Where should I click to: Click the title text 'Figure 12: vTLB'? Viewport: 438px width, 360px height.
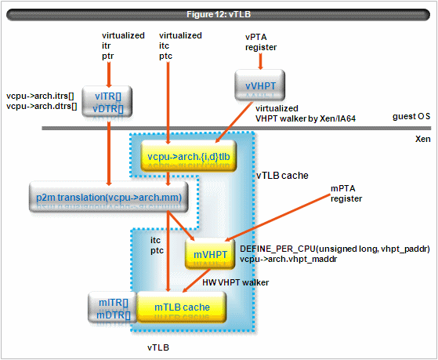219,14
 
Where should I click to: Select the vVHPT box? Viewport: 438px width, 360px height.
260,85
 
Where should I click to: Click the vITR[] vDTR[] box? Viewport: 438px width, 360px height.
107,101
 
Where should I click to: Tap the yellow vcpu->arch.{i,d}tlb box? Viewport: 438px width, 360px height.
189,156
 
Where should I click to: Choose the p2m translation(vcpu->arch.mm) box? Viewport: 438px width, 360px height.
109,197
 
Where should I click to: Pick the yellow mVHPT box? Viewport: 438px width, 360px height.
210,254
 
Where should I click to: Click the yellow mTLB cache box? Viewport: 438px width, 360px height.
182,307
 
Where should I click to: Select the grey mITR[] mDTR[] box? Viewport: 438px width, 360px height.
113,307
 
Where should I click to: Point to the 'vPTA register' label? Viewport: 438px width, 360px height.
261,42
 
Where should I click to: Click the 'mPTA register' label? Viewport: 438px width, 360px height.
346,194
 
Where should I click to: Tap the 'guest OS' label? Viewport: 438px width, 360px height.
411,116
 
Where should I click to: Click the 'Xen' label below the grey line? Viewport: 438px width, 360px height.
422,139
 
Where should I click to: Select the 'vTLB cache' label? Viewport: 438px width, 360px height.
282,176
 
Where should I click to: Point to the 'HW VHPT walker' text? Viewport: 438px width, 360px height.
236,282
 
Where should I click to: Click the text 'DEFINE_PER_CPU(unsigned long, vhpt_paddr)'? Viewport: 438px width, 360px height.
335,249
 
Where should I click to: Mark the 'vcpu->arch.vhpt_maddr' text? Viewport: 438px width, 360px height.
288,259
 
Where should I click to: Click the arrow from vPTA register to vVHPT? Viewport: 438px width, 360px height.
260,61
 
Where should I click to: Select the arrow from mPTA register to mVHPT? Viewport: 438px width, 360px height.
277,217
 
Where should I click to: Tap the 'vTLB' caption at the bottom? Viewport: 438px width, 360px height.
158,347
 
